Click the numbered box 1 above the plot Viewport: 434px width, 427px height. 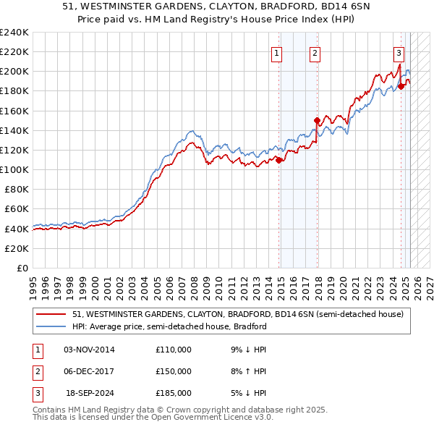tap(278, 52)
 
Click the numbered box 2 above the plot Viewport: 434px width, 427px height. tap(315, 52)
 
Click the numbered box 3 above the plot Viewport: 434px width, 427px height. tap(399, 52)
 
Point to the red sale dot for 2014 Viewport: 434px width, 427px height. tap(278, 160)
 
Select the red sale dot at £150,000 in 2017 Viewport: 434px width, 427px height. tap(317, 120)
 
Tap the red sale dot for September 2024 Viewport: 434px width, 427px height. tap(401, 86)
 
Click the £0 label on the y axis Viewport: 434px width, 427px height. tap(22, 268)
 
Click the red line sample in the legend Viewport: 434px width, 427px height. tap(51, 315)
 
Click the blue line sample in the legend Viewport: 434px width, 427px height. tap(51, 326)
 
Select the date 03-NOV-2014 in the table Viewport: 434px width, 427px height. tap(89, 350)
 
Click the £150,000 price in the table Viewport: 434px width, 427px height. tap(174, 371)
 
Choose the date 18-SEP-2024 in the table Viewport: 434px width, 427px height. tap(90, 393)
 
